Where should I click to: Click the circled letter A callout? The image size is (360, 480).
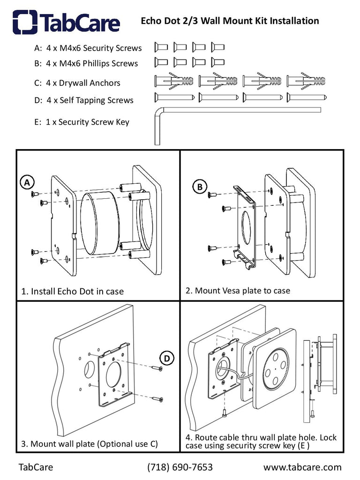click(x=28, y=182)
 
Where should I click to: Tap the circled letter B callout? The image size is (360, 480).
click(x=200, y=186)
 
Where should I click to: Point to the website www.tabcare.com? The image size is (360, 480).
click(x=302, y=467)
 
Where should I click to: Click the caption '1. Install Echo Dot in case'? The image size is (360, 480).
click(x=73, y=291)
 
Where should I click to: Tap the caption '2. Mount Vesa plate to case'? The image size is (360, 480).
click(x=238, y=291)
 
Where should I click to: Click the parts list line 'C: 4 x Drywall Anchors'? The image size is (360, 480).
click(x=77, y=83)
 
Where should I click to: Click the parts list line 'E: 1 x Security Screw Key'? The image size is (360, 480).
click(x=82, y=122)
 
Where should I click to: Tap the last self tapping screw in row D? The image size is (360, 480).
click(x=307, y=97)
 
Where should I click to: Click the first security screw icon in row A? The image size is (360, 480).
click(x=161, y=47)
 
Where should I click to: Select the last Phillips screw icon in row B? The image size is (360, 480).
click(x=217, y=61)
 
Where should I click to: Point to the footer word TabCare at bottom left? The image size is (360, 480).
click(x=36, y=467)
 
